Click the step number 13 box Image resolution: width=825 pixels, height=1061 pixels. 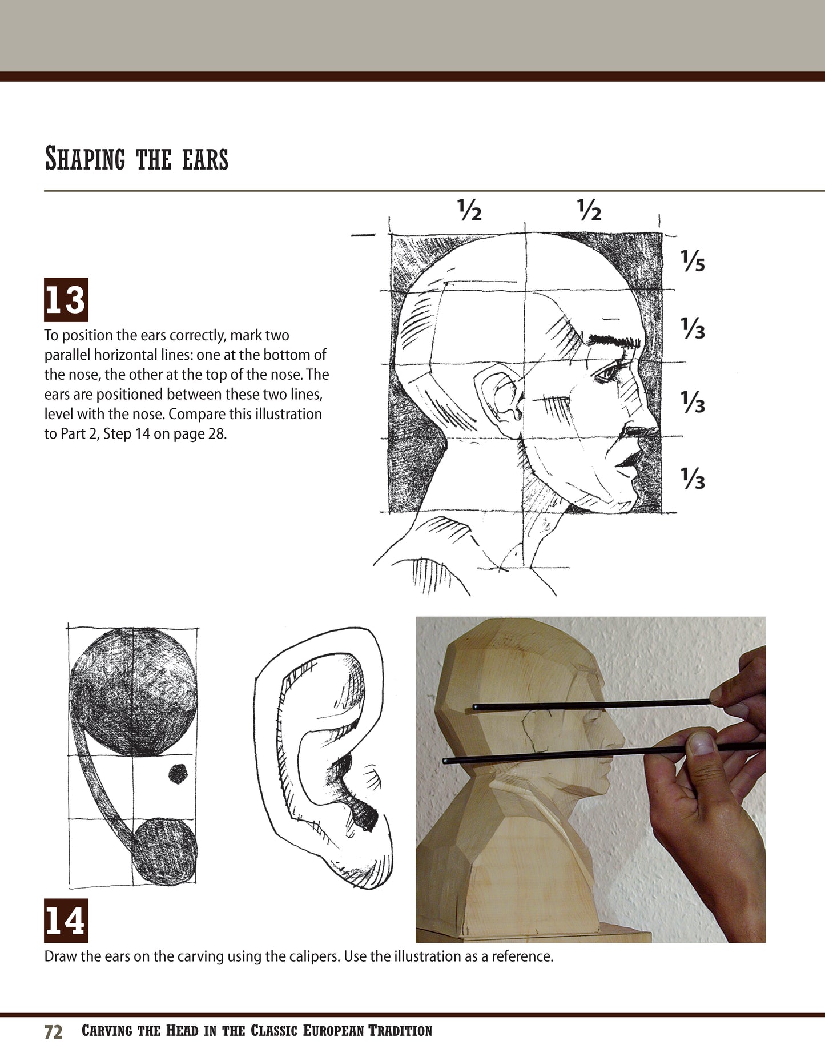tap(66, 300)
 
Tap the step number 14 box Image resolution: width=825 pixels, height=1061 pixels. tap(66, 921)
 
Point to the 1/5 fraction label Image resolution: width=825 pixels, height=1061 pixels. tap(693, 262)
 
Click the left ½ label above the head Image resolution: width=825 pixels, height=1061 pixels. tap(469, 210)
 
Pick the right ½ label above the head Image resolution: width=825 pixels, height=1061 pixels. tap(589, 210)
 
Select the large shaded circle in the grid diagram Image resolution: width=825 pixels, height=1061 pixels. tap(133, 692)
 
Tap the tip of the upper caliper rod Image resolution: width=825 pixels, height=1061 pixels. tap(476, 708)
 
